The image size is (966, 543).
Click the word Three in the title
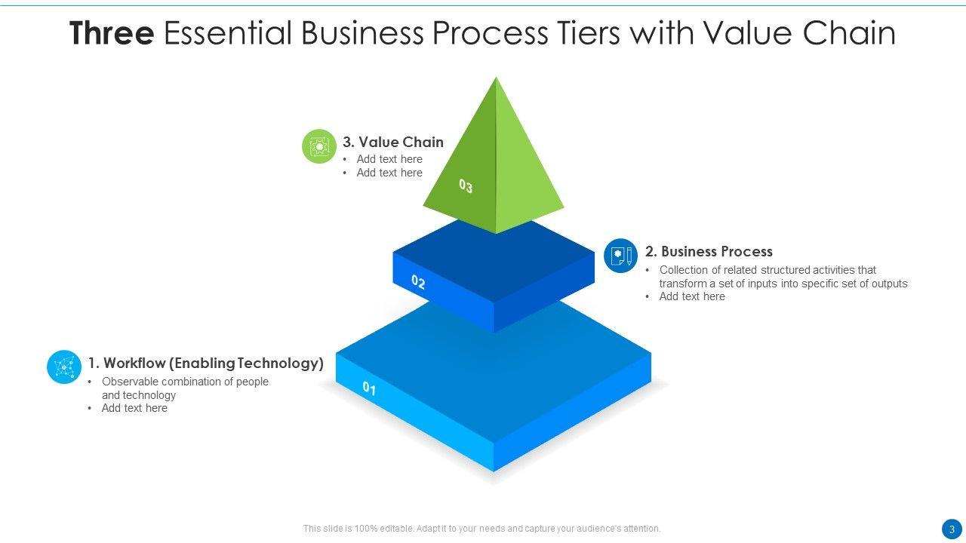coord(112,34)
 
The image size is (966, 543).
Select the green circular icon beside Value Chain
coord(319,146)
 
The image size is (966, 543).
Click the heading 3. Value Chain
coord(392,142)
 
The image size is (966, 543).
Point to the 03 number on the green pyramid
coord(466,186)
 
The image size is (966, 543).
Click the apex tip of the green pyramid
coord(496,78)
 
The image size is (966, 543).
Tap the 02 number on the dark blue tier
coord(418,283)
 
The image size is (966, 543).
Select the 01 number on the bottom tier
coord(369,388)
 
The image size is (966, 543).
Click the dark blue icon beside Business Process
coord(621,256)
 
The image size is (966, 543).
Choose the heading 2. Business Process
coord(709,252)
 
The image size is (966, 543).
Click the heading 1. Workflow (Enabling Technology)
coord(205,364)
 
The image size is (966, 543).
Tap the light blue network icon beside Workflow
coord(64,367)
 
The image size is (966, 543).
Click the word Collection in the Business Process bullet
coord(684,270)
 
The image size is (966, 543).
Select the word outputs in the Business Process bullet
coord(889,284)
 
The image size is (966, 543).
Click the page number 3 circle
coord(952,529)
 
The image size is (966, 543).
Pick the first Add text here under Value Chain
coord(389,159)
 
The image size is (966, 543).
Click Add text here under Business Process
coord(692,296)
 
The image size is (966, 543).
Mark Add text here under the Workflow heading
coord(134,408)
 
